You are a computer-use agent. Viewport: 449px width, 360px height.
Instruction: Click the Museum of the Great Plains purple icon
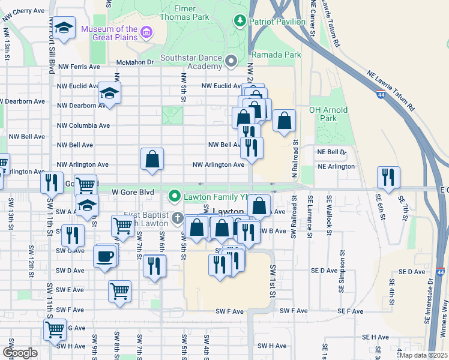click(147, 32)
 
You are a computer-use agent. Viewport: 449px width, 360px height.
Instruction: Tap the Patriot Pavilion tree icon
click(240, 22)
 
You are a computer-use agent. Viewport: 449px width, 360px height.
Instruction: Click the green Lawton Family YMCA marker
click(175, 196)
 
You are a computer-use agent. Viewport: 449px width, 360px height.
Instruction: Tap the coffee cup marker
click(104, 257)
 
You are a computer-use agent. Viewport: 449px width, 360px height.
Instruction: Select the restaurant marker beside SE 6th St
click(388, 176)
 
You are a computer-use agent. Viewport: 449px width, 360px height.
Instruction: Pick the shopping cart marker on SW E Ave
click(119, 292)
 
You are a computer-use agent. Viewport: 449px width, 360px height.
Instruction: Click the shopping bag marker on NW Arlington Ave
click(152, 159)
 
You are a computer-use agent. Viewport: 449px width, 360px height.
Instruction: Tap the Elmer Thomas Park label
click(191, 13)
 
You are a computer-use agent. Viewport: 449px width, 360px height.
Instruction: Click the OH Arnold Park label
click(328, 114)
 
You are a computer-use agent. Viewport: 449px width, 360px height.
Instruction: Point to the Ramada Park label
click(276, 55)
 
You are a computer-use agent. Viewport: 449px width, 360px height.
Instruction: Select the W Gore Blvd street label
click(133, 192)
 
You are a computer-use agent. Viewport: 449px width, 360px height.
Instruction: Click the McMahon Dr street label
click(135, 62)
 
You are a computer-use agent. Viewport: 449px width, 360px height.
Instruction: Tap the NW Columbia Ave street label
click(83, 125)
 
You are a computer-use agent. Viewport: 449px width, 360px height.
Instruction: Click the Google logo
click(20, 353)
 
